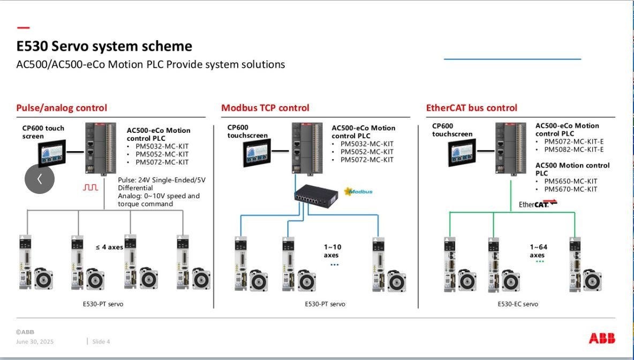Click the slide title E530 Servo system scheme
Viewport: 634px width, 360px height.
(104, 46)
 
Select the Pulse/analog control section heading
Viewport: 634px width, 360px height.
(62, 108)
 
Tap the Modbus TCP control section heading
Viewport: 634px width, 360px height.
(265, 108)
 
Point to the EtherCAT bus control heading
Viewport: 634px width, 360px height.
(471, 108)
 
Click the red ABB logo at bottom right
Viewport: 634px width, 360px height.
(602, 338)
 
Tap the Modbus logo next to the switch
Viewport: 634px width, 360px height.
(358, 191)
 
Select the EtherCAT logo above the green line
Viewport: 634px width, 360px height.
(538, 204)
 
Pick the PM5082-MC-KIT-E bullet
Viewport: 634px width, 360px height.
(573, 149)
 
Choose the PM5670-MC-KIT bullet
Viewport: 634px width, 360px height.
(570, 189)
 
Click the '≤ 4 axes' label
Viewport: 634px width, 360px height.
(109, 247)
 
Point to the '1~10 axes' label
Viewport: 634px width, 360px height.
(332, 251)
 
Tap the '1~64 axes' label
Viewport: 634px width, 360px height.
(538, 251)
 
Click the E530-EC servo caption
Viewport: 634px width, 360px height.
(518, 304)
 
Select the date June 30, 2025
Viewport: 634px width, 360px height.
(35, 342)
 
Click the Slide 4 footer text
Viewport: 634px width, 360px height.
(101, 342)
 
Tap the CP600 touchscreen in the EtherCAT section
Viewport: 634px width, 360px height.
(461, 152)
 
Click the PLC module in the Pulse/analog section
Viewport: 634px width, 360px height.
(100, 148)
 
